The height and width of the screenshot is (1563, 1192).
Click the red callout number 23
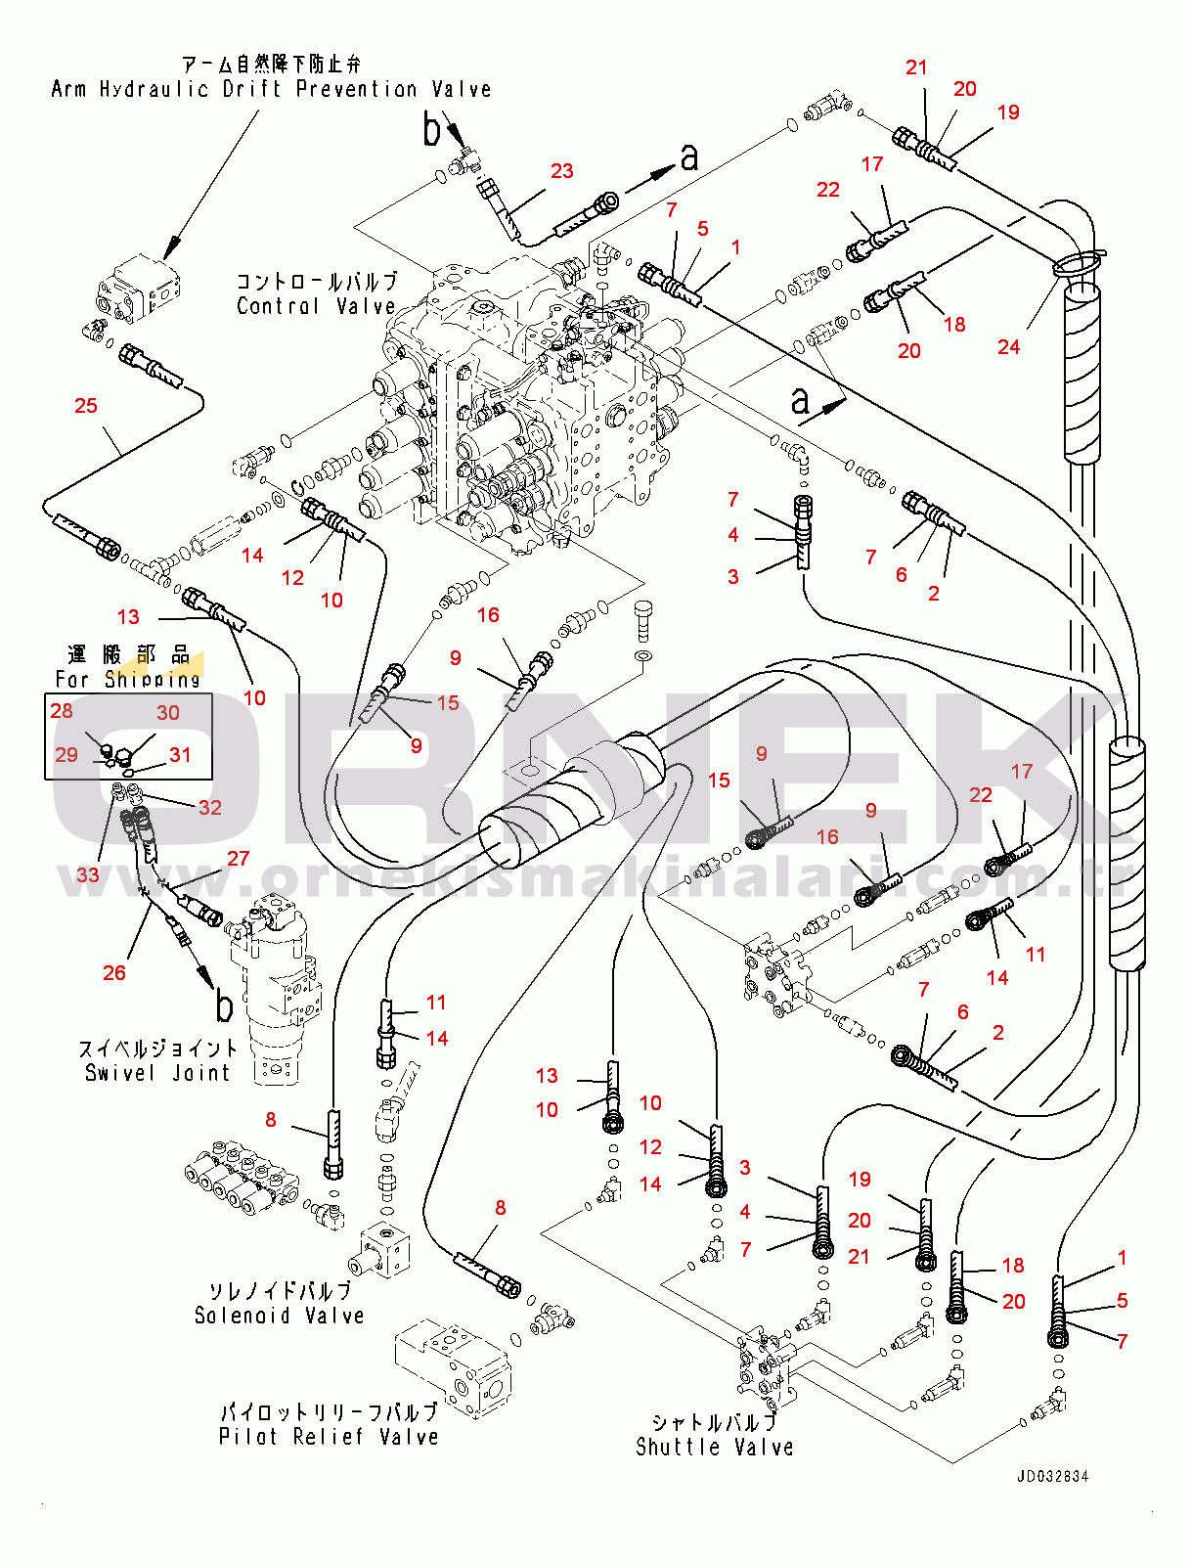(561, 171)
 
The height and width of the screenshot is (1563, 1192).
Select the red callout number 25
(86, 405)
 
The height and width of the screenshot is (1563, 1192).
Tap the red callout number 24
(1008, 347)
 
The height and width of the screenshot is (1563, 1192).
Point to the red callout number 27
(239, 858)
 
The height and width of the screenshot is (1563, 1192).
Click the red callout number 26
(114, 972)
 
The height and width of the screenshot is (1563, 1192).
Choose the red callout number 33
(88, 875)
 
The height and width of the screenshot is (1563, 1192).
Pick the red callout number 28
(62, 711)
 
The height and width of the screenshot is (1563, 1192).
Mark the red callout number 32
(210, 807)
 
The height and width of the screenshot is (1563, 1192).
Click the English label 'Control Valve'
(316, 306)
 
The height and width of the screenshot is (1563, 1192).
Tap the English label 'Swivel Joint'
(157, 1073)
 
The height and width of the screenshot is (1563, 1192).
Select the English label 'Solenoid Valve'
(279, 1316)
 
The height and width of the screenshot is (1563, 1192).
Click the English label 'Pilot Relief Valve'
(329, 1437)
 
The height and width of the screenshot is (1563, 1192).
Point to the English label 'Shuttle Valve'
(714, 1448)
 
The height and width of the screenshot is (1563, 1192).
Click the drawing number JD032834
(1052, 1477)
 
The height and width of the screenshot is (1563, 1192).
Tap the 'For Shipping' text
(127, 679)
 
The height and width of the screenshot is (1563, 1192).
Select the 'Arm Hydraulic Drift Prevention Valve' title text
(271, 89)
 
